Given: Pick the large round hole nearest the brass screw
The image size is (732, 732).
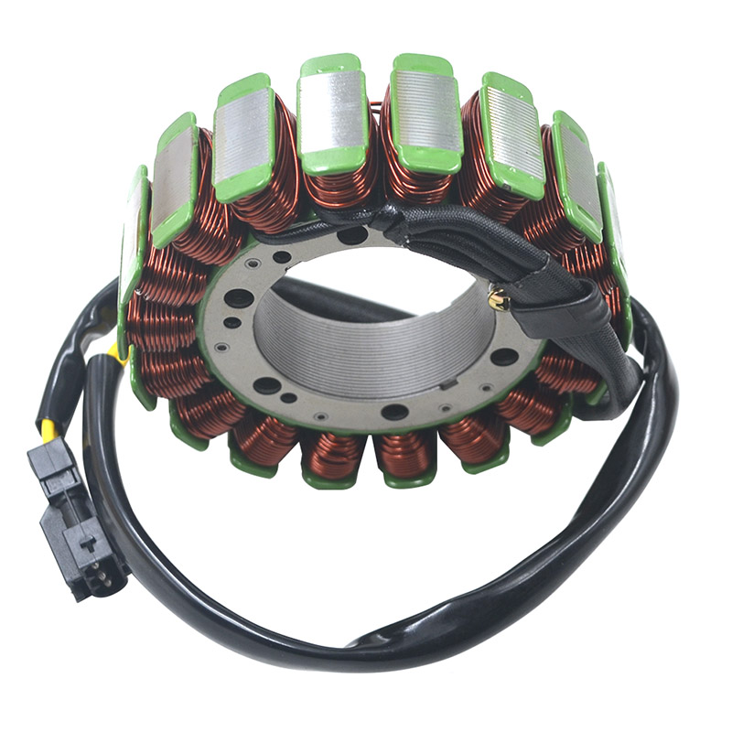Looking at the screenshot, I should point(503,357).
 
